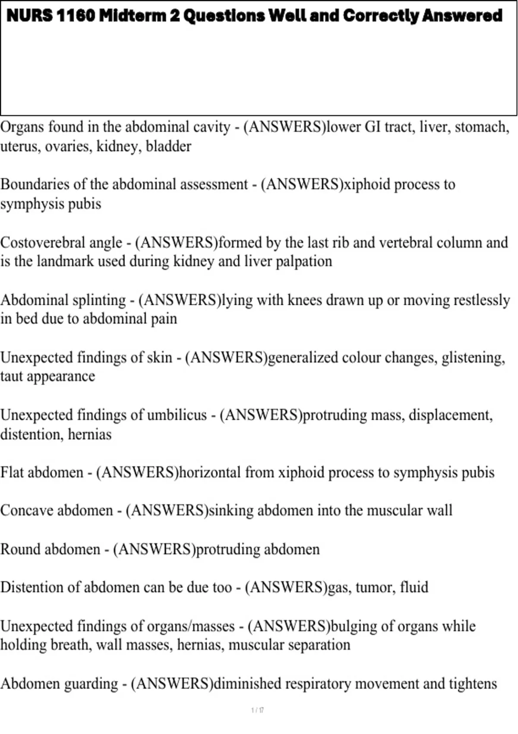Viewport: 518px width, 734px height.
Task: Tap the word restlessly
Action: click(x=477, y=300)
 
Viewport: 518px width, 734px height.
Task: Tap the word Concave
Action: click(x=26, y=511)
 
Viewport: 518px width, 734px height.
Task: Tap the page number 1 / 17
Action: click(x=258, y=710)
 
